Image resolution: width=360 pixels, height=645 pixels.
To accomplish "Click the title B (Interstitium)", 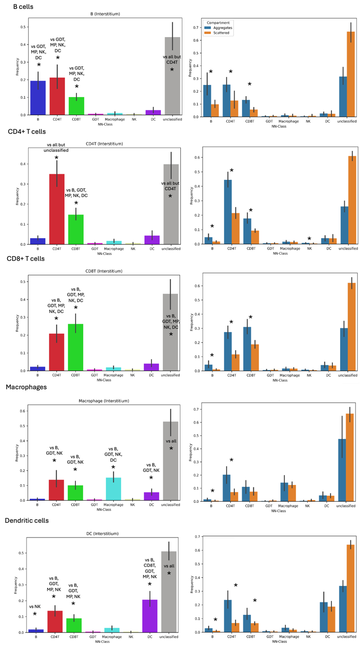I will [105, 14].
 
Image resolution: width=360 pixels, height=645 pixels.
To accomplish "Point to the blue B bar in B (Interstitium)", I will [38, 98].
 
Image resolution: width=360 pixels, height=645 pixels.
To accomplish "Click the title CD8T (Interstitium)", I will [104, 271].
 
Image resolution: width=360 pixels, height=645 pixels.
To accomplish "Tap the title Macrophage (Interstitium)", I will [104, 401].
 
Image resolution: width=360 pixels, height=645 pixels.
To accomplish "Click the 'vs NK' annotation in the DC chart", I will [35, 607].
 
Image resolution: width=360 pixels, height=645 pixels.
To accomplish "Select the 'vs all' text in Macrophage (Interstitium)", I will [171, 441].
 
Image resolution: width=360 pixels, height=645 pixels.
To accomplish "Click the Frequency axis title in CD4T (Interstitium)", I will [18, 196].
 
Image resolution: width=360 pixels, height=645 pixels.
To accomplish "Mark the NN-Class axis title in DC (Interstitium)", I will [102, 642].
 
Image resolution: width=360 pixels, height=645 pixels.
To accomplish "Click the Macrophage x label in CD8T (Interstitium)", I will [113, 375].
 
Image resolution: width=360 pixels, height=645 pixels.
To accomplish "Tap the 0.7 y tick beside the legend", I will [196, 28].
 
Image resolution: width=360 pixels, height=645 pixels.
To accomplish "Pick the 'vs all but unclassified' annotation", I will [56, 147].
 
